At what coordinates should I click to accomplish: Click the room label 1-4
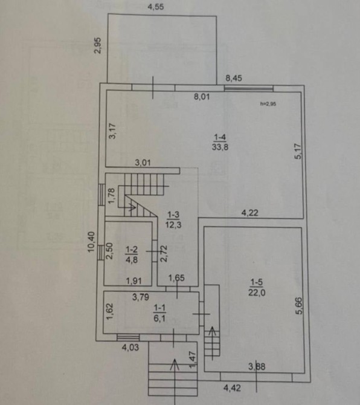click(x=220, y=137)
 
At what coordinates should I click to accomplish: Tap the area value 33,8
click(x=220, y=147)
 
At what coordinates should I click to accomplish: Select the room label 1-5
click(x=257, y=282)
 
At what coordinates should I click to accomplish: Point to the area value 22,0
click(x=257, y=293)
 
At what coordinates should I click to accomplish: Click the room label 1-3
click(x=173, y=215)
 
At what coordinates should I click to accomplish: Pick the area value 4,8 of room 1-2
click(x=132, y=259)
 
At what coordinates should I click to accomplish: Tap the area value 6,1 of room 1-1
click(x=159, y=318)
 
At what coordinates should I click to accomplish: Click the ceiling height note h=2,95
click(x=268, y=104)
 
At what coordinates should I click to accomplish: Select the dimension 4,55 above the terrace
click(x=156, y=7)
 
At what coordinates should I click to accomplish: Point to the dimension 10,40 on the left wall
click(x=91, y=242)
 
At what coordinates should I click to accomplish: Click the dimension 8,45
click(x=234, y=78)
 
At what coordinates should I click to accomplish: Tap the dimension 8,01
click(x=202, y=97)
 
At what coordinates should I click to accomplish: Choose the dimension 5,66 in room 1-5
click(x=298, y=306)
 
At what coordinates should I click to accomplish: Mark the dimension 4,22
click(x=250, y=213)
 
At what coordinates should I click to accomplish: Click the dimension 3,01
click(x=143, y=163)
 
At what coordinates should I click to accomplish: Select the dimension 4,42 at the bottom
click(x=233, y=387)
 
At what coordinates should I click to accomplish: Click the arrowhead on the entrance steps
click(x=175, y=364)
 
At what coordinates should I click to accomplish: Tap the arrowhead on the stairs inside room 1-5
click(x=213, y=331)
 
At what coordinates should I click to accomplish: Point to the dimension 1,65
click(x=176, y=278)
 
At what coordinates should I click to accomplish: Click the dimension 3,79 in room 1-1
click(x=141, y=297)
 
